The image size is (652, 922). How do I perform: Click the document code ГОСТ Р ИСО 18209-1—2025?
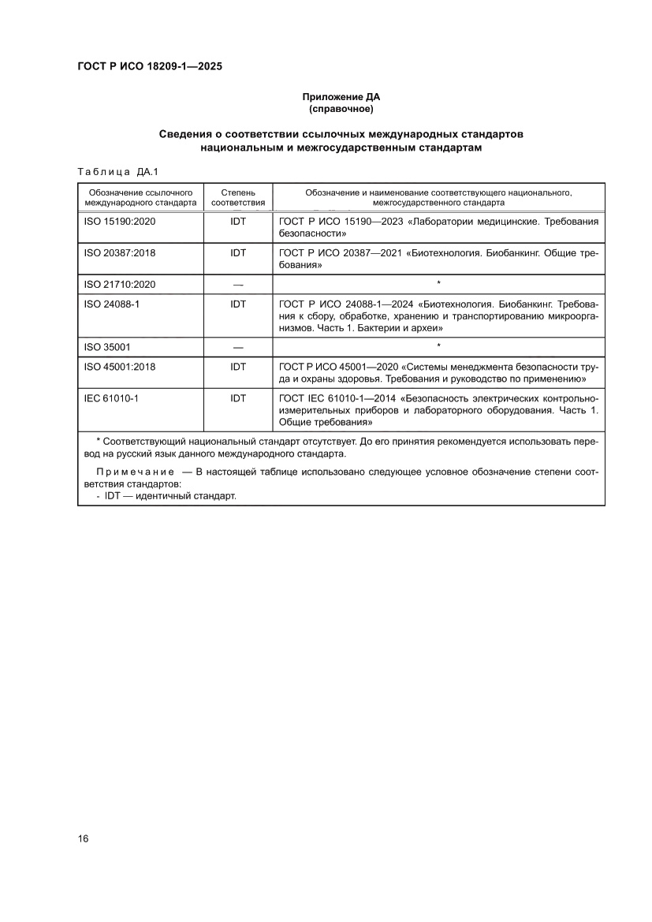(149, 67)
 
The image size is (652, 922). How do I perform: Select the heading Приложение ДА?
(341, 97)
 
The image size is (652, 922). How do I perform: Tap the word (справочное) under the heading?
(341, 108)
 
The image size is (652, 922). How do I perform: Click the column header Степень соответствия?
(238, 197)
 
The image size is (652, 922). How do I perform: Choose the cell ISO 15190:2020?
(120, 222)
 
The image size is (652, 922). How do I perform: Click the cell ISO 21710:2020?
(120, 284)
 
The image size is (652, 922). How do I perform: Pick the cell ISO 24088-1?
(111, 303)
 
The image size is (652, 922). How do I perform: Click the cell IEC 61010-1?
(111, 398)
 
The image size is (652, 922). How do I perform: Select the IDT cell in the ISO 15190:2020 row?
(238, 222)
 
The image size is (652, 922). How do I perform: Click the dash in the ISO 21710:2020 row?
(238, 284)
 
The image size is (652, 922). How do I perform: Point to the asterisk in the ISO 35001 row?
(438, 346)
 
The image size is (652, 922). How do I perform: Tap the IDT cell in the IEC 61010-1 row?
(238, 398)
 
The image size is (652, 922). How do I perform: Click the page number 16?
(83, 838)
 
